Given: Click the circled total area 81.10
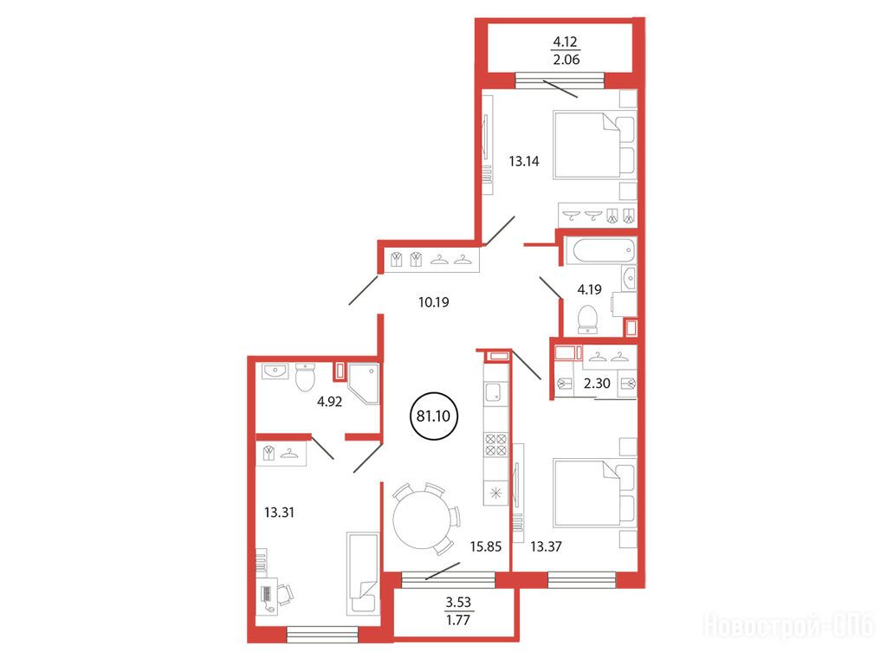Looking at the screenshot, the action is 433,416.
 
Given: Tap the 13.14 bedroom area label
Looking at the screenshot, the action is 524,161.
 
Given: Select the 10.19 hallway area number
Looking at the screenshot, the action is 434,302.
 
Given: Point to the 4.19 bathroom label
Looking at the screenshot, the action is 589,289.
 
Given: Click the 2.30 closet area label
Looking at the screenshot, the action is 597,384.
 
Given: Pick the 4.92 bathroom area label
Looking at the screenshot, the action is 329,402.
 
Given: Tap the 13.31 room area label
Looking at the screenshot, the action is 280,513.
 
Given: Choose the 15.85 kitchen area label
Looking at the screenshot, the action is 486,546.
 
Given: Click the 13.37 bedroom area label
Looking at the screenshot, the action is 546,546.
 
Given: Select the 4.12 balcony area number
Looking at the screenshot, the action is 566,42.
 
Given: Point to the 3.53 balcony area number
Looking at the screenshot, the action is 458,603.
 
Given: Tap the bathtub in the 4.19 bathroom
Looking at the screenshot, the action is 600,250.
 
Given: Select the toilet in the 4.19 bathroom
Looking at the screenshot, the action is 588,320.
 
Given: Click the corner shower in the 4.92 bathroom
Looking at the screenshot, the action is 364,384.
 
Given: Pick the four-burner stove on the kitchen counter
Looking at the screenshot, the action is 495,443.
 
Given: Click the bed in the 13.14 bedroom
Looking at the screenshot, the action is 595,145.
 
